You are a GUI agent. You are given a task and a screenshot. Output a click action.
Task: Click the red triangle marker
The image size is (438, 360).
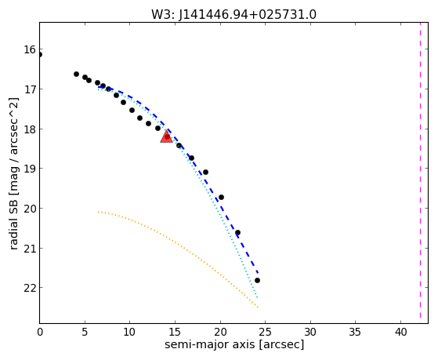(x=166, y=136)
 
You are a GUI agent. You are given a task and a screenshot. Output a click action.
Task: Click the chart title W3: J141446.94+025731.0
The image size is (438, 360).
(x=233, y=15)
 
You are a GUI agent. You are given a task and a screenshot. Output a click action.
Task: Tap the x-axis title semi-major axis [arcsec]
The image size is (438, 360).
(x=234, y=344)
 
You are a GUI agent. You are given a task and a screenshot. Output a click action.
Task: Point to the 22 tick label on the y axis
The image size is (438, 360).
(x=30, y=288)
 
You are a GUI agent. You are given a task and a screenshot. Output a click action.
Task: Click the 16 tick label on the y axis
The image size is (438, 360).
(x=30, y=49)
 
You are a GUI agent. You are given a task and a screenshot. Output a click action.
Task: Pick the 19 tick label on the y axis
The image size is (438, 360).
(x=30, y=169)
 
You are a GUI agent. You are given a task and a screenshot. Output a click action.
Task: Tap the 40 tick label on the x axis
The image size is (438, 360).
(x=401, y=332)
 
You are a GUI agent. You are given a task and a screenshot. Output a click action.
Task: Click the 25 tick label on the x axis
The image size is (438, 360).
(x=266, y=332)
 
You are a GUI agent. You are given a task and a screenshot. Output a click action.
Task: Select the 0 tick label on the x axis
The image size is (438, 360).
(x=40, y=332)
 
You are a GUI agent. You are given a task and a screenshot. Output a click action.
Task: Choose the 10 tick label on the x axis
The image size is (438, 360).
(x=130, y=332)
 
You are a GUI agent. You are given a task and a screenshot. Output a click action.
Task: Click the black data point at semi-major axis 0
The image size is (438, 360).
(x=40, y=55)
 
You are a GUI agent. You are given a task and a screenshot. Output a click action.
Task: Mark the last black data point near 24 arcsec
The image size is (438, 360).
(x=257, y=280)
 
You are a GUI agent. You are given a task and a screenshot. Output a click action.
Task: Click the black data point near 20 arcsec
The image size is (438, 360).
(x=221, y=197)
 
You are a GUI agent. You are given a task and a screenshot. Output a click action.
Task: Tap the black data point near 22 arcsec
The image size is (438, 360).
(x=237, y=232)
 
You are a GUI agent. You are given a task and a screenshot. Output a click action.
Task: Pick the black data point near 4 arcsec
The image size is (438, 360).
(x=76, y=75)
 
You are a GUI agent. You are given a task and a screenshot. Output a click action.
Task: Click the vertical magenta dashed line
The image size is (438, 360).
(x=420, y=170)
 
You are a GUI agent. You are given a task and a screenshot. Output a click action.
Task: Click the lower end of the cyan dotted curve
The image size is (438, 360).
(x=257, y=297)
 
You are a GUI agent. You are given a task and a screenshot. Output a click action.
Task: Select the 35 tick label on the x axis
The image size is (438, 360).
(x=356, y=332)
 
